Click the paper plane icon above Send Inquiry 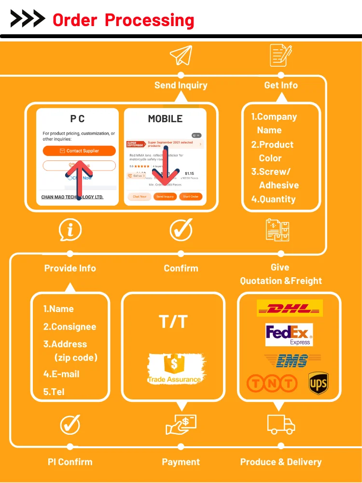pos(181,56)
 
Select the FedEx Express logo pos(289,335)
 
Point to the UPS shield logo pos(318,384)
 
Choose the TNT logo pos(271,384)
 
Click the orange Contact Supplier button pos(79,151)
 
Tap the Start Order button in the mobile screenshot pos(191,197)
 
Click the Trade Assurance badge pos(174,369)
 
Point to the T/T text pos(173,322)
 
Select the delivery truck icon pos(281,424)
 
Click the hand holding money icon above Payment pos(181,424)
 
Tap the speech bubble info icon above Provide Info pos(70,230)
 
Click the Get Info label pos(281,85)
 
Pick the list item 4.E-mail pos(61,374)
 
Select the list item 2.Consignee pos(70,327)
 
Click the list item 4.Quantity pos(273,199)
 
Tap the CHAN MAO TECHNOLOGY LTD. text pos(72,197)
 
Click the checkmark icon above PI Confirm pos(70,425)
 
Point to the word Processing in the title pos(150,20)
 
